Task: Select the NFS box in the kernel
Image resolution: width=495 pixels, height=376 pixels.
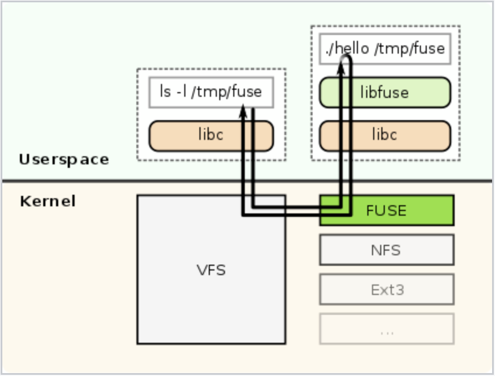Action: click(x=386, y=250)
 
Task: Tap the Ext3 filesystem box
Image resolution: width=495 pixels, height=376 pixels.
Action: click(x=386, y=289)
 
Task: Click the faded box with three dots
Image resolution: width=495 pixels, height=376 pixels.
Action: click(x=386, y=329)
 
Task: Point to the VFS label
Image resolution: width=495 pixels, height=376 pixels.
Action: click(x=211, y=270)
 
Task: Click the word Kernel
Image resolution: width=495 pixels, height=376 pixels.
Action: click(x=48, y=202)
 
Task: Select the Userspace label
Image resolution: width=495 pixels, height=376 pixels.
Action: click(x=64, y=159)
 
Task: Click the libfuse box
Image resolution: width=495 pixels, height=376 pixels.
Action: click(x=385, y=93)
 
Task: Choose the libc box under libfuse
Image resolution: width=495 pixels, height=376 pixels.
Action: click(x=385, y=135)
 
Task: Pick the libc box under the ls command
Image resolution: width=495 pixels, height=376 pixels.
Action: click(x=211, y=135)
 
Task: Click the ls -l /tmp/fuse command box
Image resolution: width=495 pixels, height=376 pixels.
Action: click(x=211, y=92)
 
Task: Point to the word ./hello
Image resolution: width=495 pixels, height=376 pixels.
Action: click(x=347, y=48)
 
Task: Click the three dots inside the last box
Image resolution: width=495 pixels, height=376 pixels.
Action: click(x=386, y=331)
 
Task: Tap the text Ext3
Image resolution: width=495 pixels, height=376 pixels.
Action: click(x=386, y=289)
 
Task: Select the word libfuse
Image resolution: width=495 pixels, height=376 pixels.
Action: click(x=385, y=93)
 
